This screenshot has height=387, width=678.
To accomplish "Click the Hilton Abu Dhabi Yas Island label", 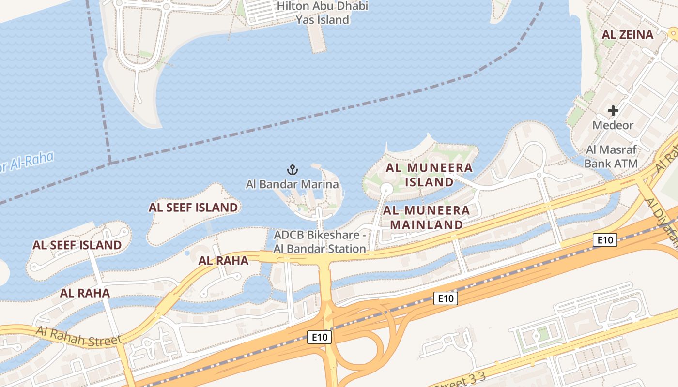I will click(x=322, y=13).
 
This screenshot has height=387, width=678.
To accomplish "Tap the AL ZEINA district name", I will click(x=627, y=35).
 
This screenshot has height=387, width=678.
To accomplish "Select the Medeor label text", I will click(x=613, y=125).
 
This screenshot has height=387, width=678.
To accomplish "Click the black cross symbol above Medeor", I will click(x=613, y=111).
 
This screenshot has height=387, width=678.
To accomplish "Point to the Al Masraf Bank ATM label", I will click(x=611, y=157).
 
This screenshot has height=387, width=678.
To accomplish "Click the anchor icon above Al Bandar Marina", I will click(x=292, y=170).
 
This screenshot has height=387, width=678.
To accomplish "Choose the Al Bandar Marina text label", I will click(x=292, y=184).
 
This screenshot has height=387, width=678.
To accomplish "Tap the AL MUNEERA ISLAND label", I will click(x=429, y=175).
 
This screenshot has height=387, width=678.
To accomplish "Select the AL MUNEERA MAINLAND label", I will click(x=427, y=218).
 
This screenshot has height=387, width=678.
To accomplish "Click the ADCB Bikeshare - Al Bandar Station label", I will click(x=320, y=242).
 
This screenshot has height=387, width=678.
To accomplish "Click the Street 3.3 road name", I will click(x=460, y=380).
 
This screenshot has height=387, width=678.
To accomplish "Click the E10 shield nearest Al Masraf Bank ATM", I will click(x=605, y=239).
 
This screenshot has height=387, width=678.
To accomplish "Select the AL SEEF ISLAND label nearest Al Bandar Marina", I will click(x=193, y=208).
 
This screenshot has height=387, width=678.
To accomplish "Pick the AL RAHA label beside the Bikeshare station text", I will click(x=223, y=261).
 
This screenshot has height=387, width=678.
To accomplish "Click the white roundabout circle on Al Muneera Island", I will click(x=386, y=188).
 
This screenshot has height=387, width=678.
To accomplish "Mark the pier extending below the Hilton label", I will click(x=317, y=39).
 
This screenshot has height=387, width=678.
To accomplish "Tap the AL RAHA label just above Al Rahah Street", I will click(x=85, y=293).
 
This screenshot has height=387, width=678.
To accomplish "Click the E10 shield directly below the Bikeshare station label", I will click(x=319, y=338).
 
